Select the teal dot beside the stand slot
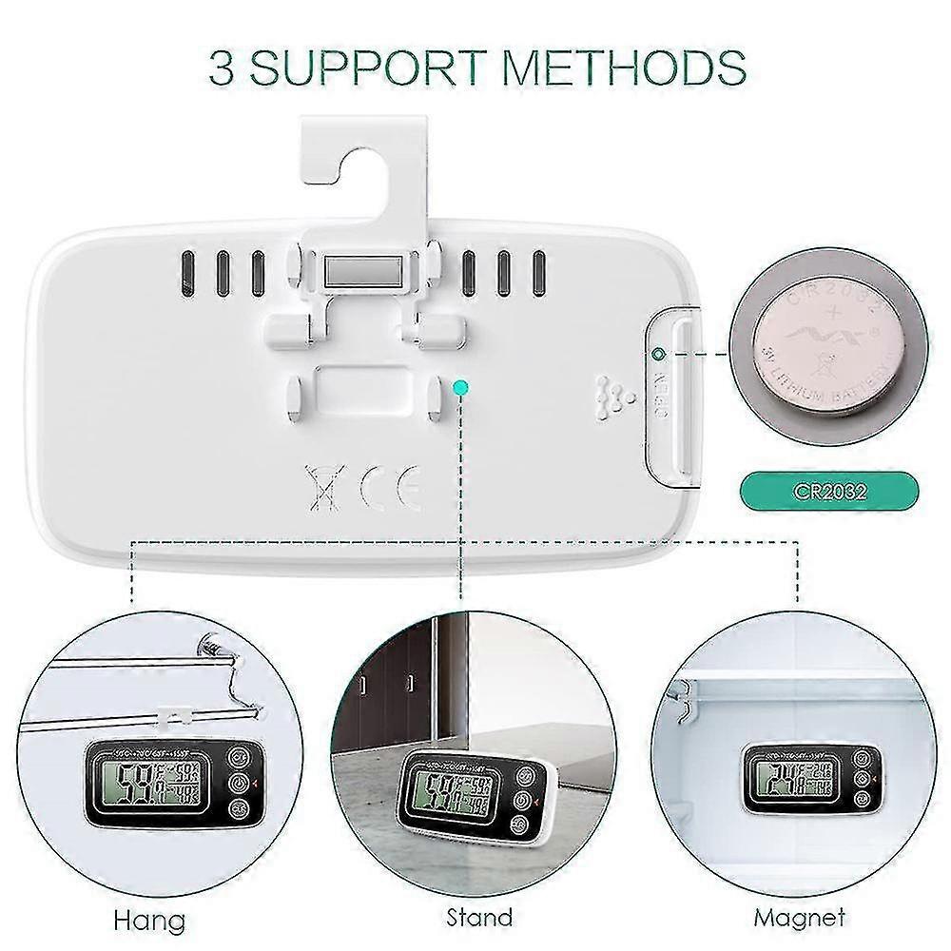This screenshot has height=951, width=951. coord(461,387)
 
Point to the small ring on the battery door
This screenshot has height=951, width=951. coord(657,355)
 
